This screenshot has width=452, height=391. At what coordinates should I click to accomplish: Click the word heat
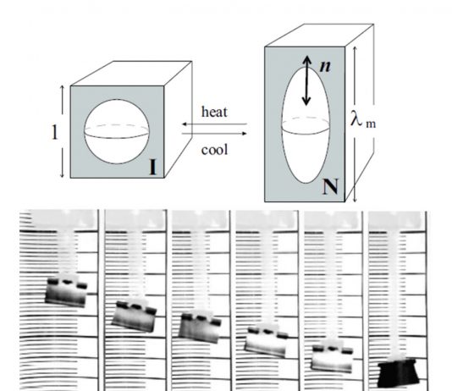click(x=214, y=112)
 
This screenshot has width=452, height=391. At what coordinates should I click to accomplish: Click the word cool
click(x=214, y=150)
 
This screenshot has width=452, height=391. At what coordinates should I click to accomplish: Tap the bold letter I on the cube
click(x=152, y=168)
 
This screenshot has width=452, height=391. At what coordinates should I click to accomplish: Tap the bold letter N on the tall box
click(x=330, y=187)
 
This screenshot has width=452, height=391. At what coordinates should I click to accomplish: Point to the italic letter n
click(x=325, y=66)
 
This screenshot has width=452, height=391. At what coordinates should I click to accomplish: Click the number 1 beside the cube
click(x=54, y=132)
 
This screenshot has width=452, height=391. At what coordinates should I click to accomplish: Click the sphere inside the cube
click(x=117, y=132)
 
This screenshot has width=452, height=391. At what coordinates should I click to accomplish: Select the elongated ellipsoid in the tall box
click(x=306, y=124)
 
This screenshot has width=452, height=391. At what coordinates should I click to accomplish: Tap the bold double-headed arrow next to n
click(x=306, y=80)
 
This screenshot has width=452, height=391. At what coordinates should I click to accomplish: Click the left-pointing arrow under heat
click(x=214, y=124)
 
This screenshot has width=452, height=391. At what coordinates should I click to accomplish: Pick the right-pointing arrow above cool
click(x=214, y=134)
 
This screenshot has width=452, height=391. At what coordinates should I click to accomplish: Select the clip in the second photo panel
click(x=134, y=316)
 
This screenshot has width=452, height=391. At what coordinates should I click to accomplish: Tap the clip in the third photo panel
click(x=200, y=328)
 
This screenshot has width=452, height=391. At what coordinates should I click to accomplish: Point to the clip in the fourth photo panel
click(x=266, y=341)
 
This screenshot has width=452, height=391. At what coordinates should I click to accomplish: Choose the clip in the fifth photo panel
click(x=333, y=356)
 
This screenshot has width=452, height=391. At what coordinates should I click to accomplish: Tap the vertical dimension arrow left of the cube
click(x=63, y=132)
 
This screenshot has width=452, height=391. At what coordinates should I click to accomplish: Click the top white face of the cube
click(x=131, y=74)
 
